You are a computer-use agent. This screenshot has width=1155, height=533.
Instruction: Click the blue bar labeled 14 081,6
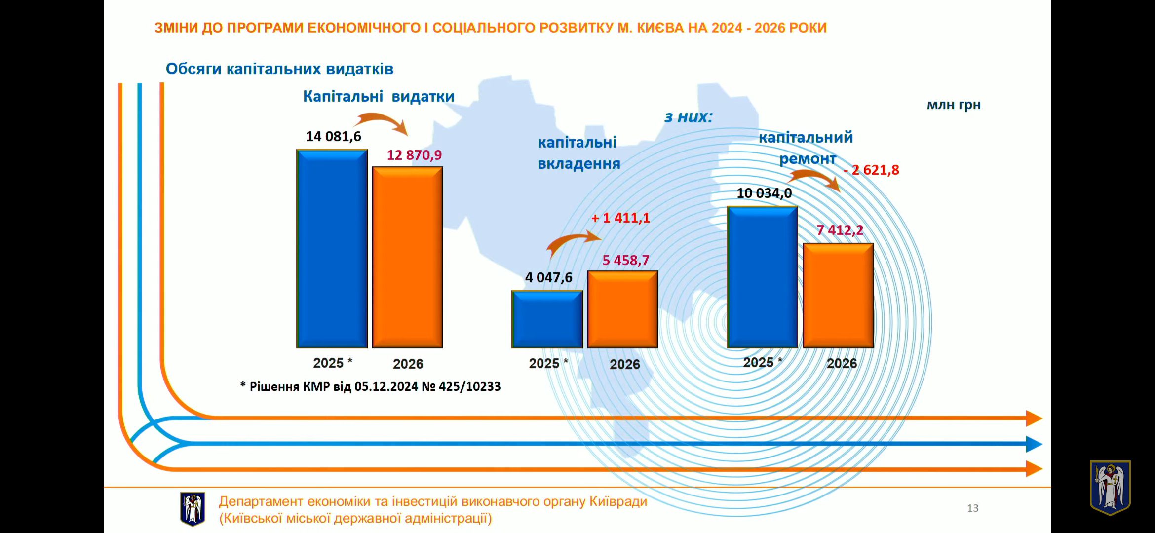[332, 249]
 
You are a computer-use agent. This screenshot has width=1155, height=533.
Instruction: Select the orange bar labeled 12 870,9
[407, 257]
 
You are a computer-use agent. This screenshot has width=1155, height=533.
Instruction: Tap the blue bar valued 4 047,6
[547, 319]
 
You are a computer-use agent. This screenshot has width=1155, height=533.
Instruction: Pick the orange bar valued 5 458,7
[622, 309]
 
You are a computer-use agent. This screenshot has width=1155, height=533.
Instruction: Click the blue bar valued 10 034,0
[762, 277]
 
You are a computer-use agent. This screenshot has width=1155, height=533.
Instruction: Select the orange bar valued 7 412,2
[838, 296]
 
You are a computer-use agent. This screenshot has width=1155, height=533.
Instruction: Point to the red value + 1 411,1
[620, 218]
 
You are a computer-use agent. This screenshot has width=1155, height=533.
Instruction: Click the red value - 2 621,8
[871, 170]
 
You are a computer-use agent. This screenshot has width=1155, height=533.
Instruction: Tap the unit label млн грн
[953, 105]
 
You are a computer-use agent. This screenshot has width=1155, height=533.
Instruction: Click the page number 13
[972, 508]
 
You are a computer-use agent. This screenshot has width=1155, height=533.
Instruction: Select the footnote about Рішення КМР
[370, 386]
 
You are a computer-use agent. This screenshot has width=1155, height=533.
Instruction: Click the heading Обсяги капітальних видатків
[279, 69]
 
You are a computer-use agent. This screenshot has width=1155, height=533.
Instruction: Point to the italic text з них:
[688, 117]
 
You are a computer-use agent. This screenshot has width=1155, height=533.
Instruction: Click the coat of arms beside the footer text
[192, 509]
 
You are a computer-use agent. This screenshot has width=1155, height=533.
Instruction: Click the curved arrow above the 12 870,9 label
[381, 122]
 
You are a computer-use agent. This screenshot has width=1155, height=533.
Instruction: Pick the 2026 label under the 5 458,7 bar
[624, 364]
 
